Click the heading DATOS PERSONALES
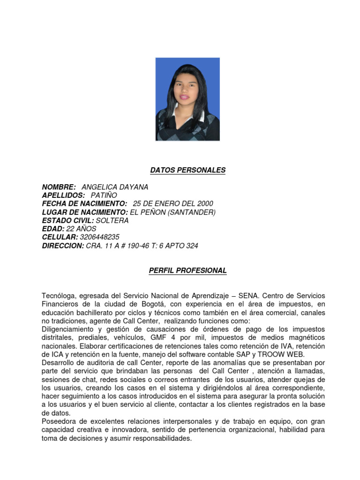point(187,170)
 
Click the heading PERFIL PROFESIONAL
point(187,270)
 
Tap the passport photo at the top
point(187,99)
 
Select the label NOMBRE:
point(59,187)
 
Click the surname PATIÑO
point(104,195)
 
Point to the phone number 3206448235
point(100,237)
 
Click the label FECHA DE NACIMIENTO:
point(84,203)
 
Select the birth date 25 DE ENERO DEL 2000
point(173,203)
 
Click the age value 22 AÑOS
point(82,229)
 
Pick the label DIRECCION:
point(63,246)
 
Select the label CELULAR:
point(60,237)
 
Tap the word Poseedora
point(60,421)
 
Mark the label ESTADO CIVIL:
point(68,220)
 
